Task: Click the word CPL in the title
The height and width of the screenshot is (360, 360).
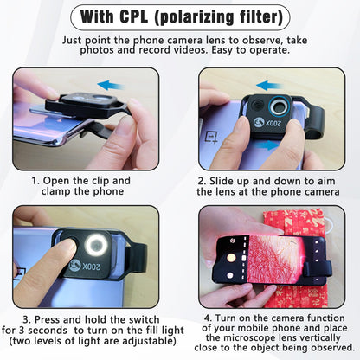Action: (x=133, y=16)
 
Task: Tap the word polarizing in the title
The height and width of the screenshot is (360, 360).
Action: (x=196, y=17)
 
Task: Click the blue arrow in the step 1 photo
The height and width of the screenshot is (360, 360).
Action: (x=111, y=86)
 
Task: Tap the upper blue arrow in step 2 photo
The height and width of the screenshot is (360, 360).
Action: (x=269, y=86)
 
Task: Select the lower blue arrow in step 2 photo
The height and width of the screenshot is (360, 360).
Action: (x=268, y=145)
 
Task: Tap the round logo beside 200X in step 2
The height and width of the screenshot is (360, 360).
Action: (x=259, y=123)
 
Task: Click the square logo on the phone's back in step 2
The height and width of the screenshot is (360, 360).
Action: (x=211, y=138)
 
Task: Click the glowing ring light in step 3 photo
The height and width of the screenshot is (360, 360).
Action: (x=96, y=245)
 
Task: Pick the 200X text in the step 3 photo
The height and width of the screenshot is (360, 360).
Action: (x=91, y=267)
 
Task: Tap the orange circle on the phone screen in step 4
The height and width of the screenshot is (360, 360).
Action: (x=231, y=258)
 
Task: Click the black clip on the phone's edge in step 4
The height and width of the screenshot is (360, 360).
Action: (x=317, y=269)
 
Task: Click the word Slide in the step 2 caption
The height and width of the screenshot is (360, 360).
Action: (x=222, y=181)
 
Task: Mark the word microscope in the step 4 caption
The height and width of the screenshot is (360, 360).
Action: (x=251, y=337)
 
